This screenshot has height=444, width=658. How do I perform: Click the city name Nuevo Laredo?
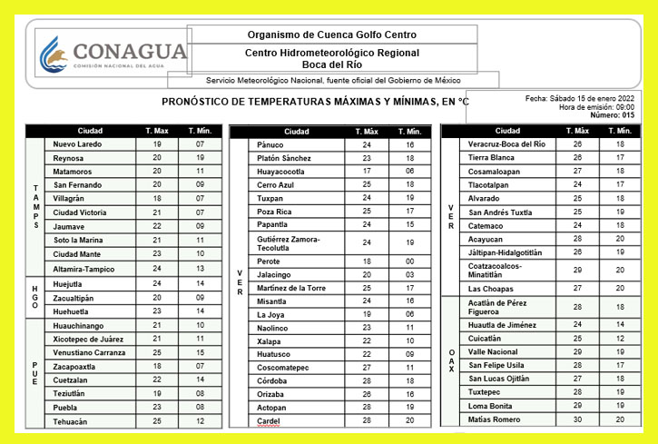[x=78, y=144]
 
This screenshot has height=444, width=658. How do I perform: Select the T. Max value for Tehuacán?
[x=156, y=421]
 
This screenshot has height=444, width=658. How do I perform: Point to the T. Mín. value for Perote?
[x=410, y=261]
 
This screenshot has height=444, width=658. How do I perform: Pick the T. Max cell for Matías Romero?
[x=577, y=419]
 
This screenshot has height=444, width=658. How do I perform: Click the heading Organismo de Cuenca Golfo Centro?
[x=332, y=35]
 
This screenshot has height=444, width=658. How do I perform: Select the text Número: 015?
[x=614, y=115]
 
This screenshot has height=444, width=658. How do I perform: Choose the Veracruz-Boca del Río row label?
[x=506, y=144]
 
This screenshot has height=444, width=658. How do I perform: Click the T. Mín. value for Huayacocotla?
[x=410, y=171]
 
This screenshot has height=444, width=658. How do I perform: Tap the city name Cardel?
[x=269, y=421]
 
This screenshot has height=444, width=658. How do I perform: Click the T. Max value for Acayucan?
[x=577, y=239]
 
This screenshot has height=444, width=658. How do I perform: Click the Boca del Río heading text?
[x=332, y=64]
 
